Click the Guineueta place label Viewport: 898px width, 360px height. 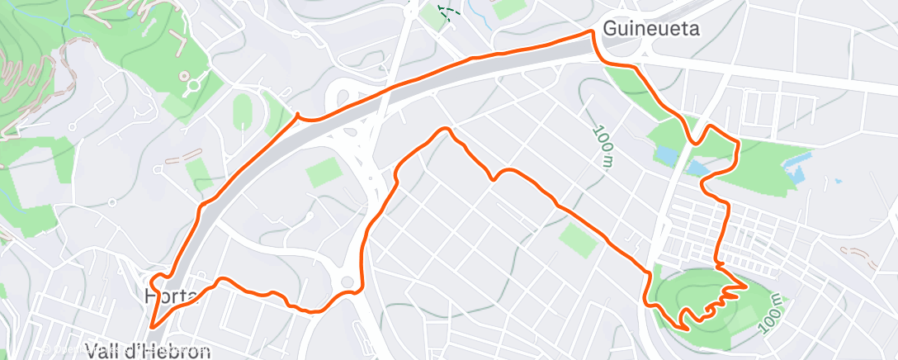point(651,29)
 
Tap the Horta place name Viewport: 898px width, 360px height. point(170,296)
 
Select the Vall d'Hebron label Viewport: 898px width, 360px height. point(148,351)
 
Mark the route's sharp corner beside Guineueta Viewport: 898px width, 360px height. point(592,32)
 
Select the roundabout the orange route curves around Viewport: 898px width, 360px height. point(347,283)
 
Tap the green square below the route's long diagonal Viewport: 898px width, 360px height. point(577,239)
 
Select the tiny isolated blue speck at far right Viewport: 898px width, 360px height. point(838,180)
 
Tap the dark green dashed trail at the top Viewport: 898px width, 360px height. point(446,12)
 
